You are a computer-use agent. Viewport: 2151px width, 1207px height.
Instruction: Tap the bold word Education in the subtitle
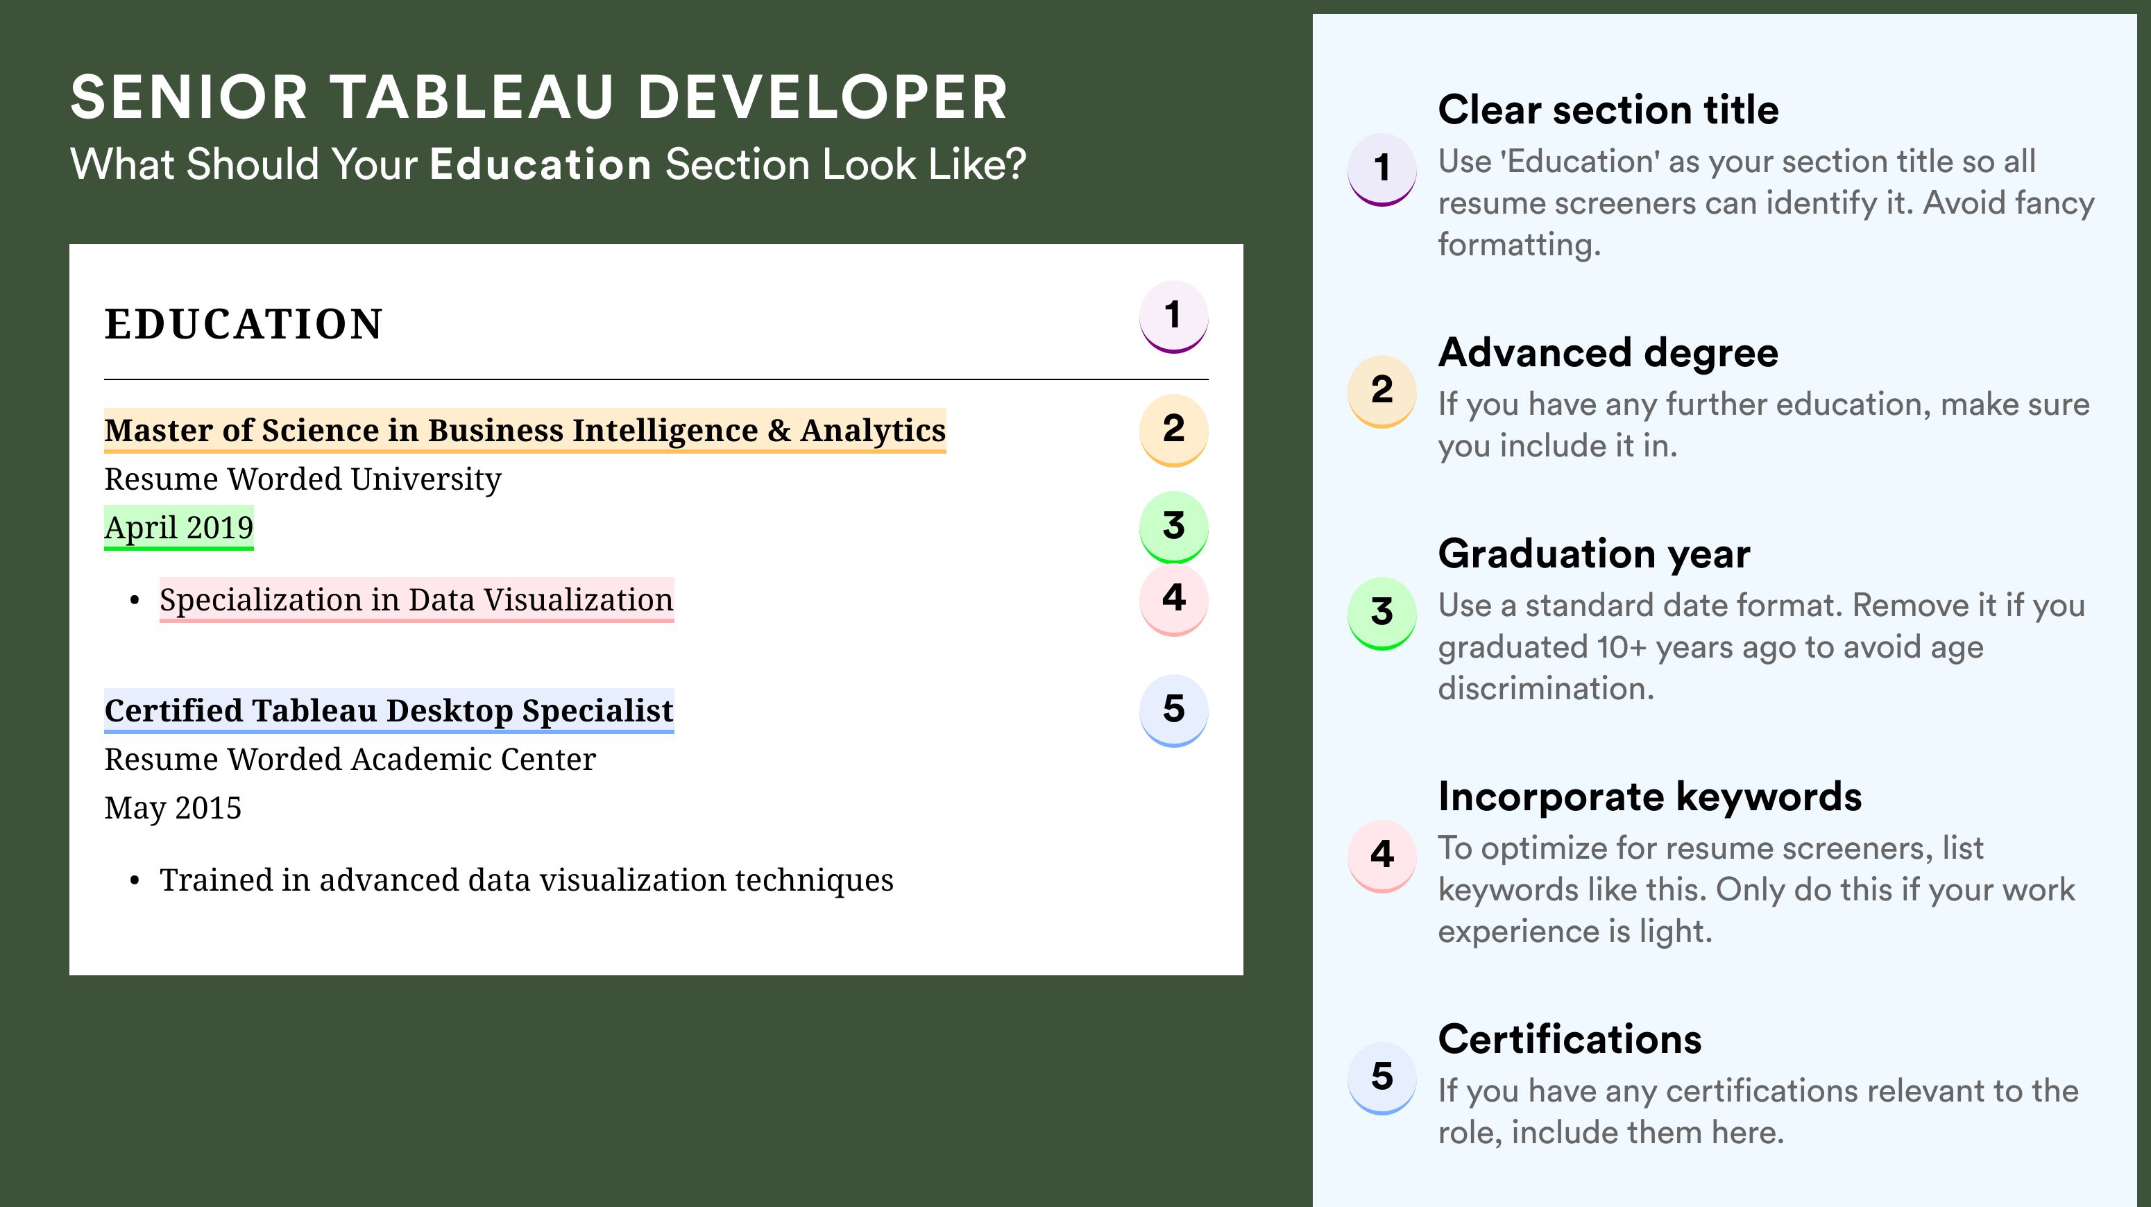(x=541, y=164)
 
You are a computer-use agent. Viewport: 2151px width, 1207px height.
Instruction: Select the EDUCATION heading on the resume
(x=243, y=324)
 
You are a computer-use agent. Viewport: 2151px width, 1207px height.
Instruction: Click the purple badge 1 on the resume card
(x=1173, y=316)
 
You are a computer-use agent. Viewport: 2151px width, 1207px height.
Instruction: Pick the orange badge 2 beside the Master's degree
(x=1173, y=430)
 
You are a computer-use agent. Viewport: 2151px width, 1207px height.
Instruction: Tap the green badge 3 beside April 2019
(x=1173, y=527)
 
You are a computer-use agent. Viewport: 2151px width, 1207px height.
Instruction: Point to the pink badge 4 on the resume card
(x=1173, y=599)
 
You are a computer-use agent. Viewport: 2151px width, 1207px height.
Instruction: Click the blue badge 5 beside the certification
(x=1173, y=710)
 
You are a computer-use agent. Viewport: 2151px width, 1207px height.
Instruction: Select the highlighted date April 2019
(x=179, y=527)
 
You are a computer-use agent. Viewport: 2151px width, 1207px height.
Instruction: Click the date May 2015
(x=173, y=808)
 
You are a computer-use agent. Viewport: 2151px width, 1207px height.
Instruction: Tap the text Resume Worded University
(x=303, y=479)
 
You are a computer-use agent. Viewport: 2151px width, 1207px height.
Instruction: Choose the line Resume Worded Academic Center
(x=350, y=759)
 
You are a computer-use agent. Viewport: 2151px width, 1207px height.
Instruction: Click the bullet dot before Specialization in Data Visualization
(x=135, y=601)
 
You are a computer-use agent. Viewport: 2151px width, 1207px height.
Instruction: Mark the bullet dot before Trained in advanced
(x=135, y=882)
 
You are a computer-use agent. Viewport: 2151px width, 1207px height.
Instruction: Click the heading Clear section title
(x=1608, y=110)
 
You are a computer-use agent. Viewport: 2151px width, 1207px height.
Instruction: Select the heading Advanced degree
(x=1608, y=353)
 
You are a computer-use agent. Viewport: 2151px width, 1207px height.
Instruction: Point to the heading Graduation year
(x=1594, y=554)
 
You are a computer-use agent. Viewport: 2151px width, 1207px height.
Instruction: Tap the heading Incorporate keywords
(x=1650, y=796)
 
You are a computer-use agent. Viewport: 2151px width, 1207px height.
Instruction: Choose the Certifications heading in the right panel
(x=1570, y=1039)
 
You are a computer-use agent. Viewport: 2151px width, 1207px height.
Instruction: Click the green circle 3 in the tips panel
(x=1382, y=613)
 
